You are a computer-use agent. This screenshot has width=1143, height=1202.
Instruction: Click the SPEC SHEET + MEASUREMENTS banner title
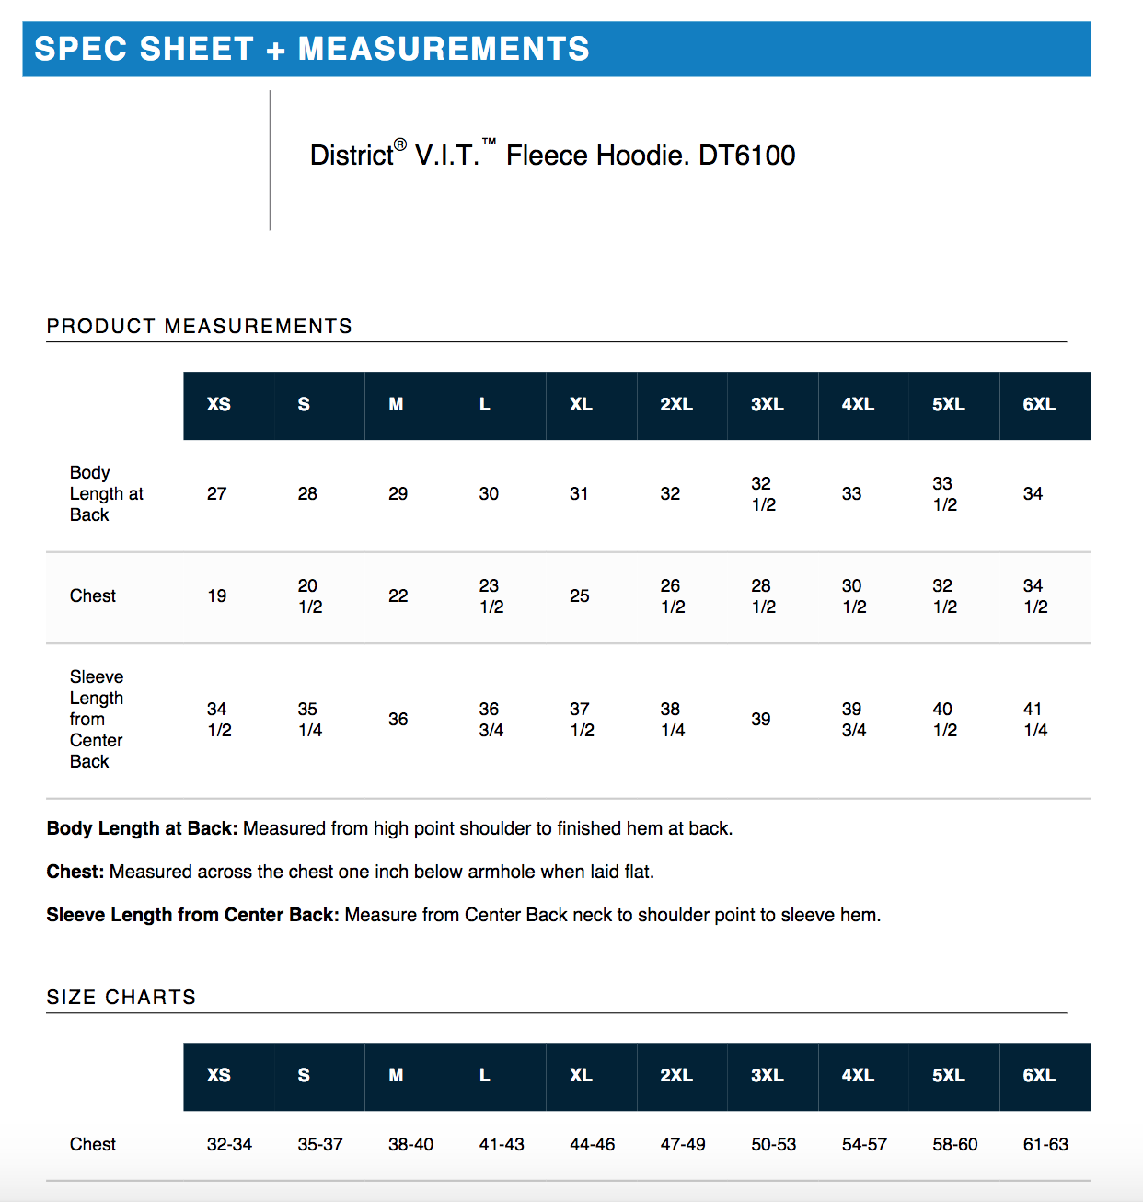pyautogui.click(x=311, y=49)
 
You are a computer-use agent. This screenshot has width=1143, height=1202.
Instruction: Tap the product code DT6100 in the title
pyautogui.click(x=746, y=155)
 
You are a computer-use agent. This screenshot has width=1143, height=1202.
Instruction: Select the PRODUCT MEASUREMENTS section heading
pyautogui.click(x=199, y=326)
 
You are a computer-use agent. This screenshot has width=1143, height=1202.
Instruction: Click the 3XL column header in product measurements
pyautogui.click(x=767, y=404)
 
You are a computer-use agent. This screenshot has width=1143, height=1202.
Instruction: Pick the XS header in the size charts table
pyautogui.click(x=219, y=1075)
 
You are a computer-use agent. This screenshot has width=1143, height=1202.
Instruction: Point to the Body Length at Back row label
pyautogui.click(x=106, y=493)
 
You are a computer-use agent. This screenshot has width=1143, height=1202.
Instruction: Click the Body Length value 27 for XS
pyautogui.click(x=217, y=493)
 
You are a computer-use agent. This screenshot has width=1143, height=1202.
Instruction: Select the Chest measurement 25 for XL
pyautogui.click(x=579, y=595)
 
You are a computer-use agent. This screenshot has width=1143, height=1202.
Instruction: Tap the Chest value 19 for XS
pyautogui.click(x=217, y=595)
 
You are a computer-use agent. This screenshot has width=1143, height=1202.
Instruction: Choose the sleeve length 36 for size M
pyautogui.click(x=398, y=719)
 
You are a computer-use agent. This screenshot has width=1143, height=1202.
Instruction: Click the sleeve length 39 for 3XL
pyautogui.click(x=760, y=719)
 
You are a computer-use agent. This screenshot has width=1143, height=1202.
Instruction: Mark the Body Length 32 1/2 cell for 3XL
pyautogui.click(x=763, y=493)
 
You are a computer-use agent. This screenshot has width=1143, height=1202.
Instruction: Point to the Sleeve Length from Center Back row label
pyautogui.click(x=96, y=719)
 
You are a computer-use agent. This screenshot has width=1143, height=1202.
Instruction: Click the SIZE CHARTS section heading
pyautogui.click(x=121, y=997)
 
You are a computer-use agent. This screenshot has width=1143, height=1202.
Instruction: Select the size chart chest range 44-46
pyautogui.click(x=592, y=1144)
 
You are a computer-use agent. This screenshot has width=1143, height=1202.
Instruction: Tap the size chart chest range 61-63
pyautogui.click(x=1045, y=1144)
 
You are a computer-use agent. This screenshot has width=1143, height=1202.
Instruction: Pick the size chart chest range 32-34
pyautogui.click(x=229, y=1144)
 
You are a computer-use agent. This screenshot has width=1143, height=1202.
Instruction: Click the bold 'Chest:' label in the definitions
pyautogui.click(x=75, y=872)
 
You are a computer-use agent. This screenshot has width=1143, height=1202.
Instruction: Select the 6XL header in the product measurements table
pyautogui.click(x=1039, y=404)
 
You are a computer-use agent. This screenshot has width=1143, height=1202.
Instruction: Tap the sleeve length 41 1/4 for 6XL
pyautogui.click(x=1035, y=719)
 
